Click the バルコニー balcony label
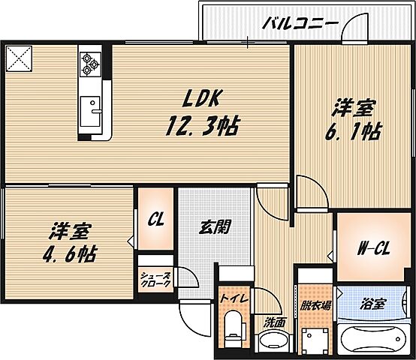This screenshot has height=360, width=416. [300, 23]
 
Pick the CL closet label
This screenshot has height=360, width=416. [155, 220]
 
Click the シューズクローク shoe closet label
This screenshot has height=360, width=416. [156, 280]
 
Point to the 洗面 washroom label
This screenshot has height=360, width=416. [274, 322]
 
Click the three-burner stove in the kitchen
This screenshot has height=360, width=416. [91, 63]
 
